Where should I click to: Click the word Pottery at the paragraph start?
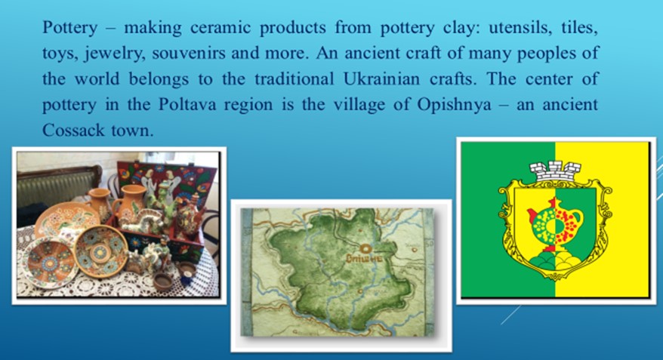click(69, 28)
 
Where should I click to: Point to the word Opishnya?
click(455, 105)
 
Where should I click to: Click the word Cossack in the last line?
click(73, 130)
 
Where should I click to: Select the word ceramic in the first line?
click(220, 28)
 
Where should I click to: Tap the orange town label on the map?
click(364, 258)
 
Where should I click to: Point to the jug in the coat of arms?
click(555, 225)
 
